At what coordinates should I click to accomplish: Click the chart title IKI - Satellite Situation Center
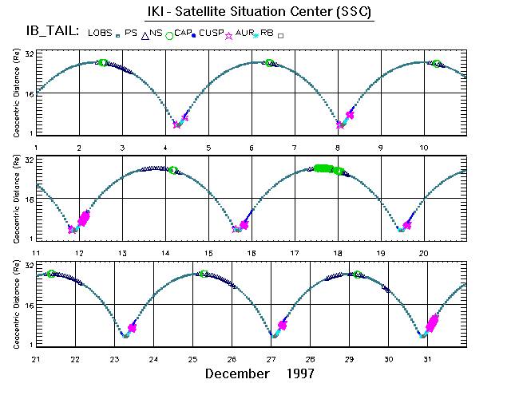click(x=259, y=12)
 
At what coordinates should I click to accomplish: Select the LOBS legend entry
click(x=100, y=32)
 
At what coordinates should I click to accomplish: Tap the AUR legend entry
click(x=245, y=34)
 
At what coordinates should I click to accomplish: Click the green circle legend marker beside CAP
click(x=169, y=35)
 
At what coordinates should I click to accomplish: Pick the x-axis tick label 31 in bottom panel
click(x=427, y=358)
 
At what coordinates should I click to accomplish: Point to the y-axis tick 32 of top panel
click(x=28, y=53)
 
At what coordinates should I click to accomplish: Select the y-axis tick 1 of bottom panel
click(x=30, y=344)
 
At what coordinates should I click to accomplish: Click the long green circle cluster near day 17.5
click(x=325, y=168)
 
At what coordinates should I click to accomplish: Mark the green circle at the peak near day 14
click(x=172, y=170)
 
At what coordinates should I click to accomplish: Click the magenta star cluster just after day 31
click(x=433, y=322)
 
